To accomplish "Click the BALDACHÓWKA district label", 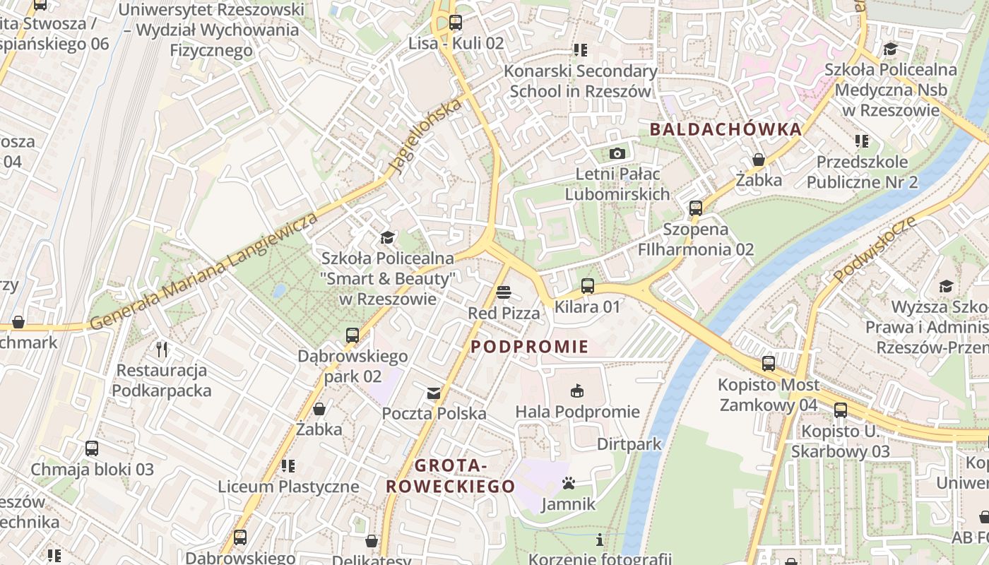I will pos(726,129).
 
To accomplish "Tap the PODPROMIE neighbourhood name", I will pos(529,346).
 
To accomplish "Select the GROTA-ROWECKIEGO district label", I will pos(450,476).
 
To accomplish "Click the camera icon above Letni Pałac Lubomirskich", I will pos(617,153).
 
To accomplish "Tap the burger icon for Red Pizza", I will pos(503,292).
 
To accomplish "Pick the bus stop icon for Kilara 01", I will pos(587,286).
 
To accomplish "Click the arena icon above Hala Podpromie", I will pos(577,391).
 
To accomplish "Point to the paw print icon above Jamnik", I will pos(569,484).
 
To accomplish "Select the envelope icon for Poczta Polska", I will pos(434,393).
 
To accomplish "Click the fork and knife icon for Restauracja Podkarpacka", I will pos(162,350).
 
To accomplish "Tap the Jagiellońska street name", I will pos(425,136).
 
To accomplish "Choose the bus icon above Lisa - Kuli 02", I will pos(456,23).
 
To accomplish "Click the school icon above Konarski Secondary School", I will pos(580,50).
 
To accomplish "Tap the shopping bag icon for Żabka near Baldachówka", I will pos(759,160).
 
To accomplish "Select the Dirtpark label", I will pos(629,444).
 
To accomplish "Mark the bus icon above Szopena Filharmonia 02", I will pos(696,208).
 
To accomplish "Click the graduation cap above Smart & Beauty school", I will pos(387,237).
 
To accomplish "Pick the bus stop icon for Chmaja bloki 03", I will pos(92,448).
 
